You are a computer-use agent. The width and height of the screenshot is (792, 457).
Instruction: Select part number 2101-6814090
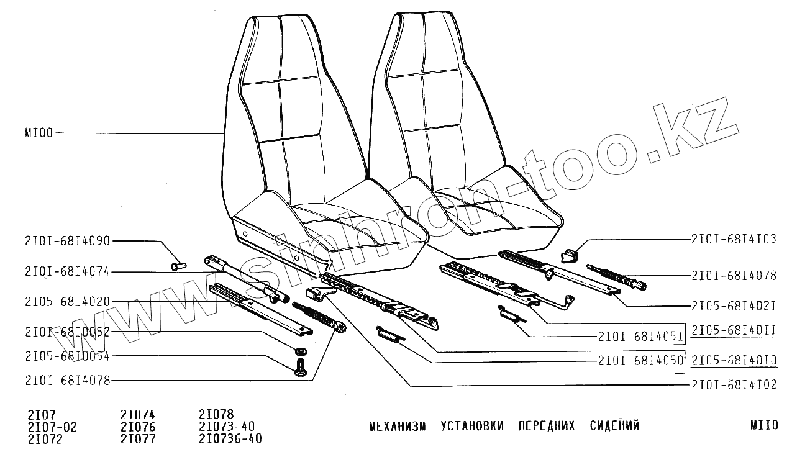68,241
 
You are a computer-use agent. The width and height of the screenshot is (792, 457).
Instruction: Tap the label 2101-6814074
68,271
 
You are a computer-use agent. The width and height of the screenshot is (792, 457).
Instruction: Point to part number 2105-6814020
68,302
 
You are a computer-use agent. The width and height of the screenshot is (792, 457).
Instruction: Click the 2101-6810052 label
68,332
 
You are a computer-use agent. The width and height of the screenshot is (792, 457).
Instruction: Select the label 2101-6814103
734,239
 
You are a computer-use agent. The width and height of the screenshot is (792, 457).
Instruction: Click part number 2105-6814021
734,305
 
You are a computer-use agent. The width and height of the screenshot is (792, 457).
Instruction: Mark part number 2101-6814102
734,385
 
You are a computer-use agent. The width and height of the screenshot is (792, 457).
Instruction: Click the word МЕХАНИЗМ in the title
398,426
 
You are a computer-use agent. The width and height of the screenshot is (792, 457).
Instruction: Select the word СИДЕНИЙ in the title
614,426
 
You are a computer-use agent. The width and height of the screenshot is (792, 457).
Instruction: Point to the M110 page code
763,426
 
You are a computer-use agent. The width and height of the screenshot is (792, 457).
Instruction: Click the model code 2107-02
52,427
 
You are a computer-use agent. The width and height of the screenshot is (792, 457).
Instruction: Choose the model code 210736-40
230,439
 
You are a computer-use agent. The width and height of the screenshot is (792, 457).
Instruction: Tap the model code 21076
138,427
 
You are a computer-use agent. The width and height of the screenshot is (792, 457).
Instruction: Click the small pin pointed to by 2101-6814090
178,266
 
